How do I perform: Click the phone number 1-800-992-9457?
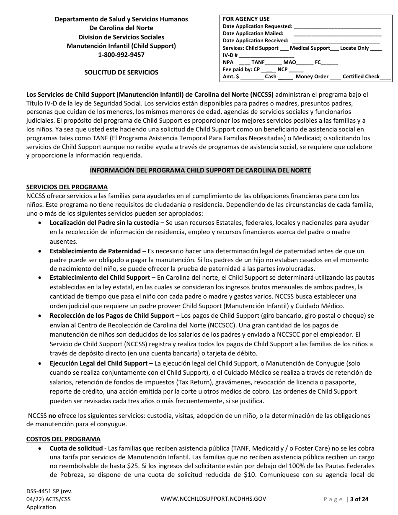(121, 55)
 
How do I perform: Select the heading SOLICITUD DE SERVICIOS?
(121, 72)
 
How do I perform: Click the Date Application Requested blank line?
(337, 26)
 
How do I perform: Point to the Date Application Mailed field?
(337, 33)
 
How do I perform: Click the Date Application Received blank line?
(336, 41)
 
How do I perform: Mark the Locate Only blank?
(376, 48)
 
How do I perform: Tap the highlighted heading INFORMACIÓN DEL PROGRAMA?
(200, 170)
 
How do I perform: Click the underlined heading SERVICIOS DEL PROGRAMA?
(67, 187)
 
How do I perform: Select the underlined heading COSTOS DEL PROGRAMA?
(63, 439)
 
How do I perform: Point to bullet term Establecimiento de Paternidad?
(95, 251)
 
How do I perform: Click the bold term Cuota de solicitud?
(76, 448)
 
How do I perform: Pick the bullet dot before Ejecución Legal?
(40, 363)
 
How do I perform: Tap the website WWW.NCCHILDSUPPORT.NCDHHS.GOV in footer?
(213, 499)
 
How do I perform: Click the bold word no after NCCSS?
(52, 416)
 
